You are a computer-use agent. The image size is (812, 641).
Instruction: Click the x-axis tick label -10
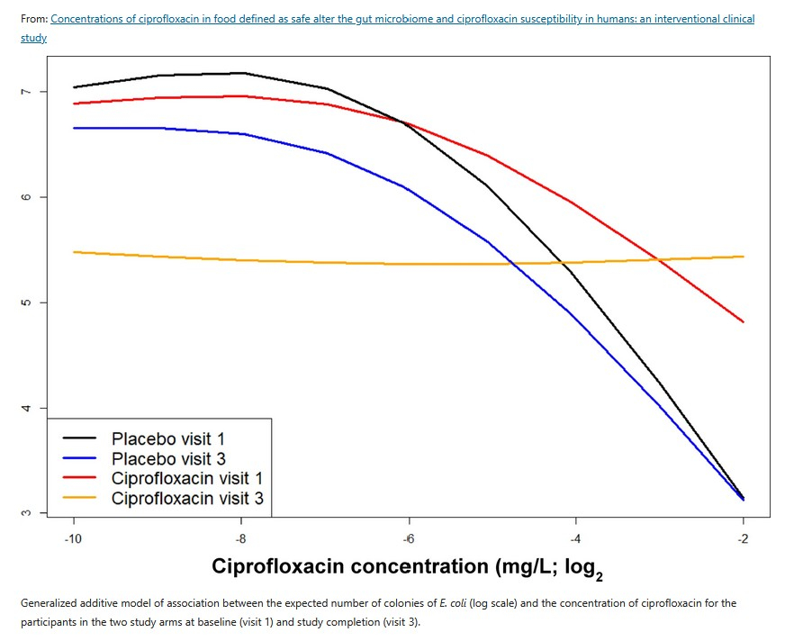73,538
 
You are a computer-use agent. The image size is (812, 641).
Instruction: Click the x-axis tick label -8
240,538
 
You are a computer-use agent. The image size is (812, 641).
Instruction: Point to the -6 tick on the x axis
408,538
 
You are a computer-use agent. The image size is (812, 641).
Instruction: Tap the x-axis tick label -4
575,538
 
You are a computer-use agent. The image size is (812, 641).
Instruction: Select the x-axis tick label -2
743,538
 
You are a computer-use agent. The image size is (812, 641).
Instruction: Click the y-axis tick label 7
27,92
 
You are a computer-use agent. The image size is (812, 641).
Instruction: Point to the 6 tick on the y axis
27,197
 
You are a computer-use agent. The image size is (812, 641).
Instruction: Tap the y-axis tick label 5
27,302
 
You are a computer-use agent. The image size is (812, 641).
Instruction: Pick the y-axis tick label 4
27,408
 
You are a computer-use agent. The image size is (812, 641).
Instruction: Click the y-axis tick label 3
27,512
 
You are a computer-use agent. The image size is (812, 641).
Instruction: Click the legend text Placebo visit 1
167,439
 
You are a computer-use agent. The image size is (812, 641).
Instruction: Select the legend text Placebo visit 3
167,459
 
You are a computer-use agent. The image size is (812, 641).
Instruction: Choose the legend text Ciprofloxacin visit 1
187,478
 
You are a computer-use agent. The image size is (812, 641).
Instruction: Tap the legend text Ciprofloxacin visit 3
187,498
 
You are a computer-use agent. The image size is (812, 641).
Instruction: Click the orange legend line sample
79,498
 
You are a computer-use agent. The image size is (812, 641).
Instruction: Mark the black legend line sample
79,439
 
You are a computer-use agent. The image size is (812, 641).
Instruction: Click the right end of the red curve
743,321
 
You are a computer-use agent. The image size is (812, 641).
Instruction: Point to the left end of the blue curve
74,128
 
